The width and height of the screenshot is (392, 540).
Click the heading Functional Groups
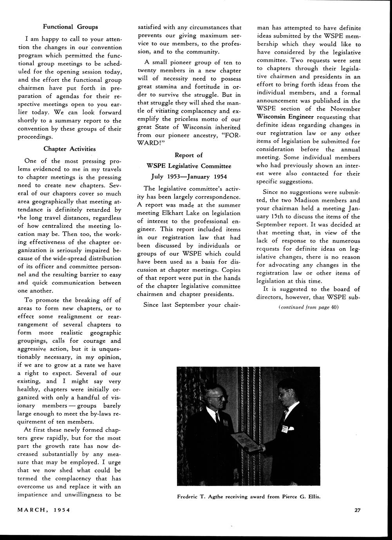[70, 27]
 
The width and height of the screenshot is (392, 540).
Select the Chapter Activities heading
[69, 149]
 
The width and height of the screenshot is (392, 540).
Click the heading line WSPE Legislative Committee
[188, 166]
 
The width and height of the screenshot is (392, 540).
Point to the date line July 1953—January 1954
[188, 176]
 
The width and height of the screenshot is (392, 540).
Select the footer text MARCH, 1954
[43, 510]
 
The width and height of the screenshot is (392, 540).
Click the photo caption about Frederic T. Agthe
[249, 497]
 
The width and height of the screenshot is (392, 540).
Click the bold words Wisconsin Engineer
[285, 117]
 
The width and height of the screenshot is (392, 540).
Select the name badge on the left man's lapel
[225, 423]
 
